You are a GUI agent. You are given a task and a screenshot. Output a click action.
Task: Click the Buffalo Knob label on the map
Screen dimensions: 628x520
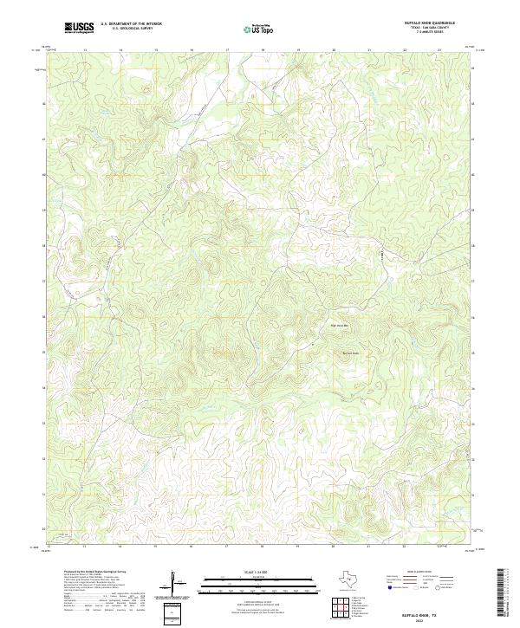coord(348,353)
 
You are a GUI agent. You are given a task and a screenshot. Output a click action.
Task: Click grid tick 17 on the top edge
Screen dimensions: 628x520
coord(226,50)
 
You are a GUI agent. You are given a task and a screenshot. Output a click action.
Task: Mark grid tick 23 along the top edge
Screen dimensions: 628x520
coord(439,50)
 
